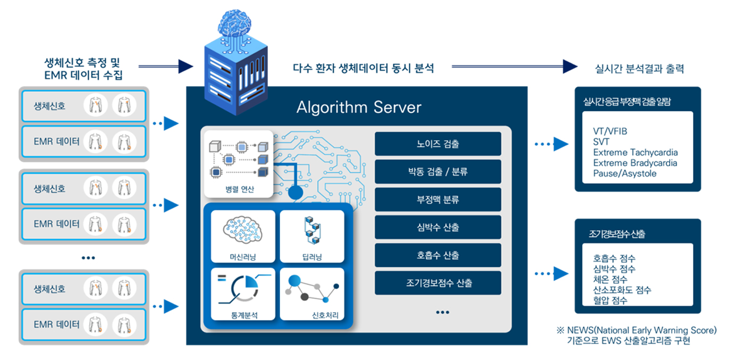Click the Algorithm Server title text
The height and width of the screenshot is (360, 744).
(x=359, y=107)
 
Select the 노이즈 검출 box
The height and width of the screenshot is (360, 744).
(x=438, y=144)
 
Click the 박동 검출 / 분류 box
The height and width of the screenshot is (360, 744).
(x=438, y=172)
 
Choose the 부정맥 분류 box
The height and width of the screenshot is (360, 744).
(x=438, y=200)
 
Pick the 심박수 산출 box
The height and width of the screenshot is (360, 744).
(x=438, y=228)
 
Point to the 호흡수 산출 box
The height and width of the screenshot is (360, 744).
(x=438, y=255)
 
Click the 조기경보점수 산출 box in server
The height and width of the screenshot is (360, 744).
(x=438, y=283)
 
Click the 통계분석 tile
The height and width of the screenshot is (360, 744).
(x=243, y=294)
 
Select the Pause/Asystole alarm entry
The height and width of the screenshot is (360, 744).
(x=624, y=173)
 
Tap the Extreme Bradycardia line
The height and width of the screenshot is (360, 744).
(x=635, y=163)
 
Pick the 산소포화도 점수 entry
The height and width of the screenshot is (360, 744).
(x=622, y=290)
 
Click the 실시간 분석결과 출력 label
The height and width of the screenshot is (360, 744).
(x=640, y=69)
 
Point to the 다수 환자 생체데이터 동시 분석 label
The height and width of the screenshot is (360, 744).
(x=363, y=68)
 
